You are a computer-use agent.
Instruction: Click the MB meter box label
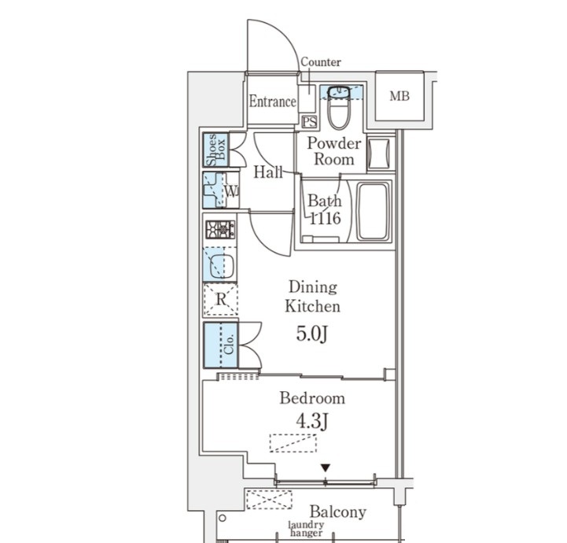[x=399, y=96]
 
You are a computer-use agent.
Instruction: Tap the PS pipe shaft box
[x=310, y=122]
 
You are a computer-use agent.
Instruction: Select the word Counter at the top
[x=321, y=62]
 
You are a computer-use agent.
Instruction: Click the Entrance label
[x=272, y=102]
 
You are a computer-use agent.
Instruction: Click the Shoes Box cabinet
[x=215, y=150]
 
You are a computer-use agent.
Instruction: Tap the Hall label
[x=268, y=172]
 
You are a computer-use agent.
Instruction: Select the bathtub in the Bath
[x=374, y=212]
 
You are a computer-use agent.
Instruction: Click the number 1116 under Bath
[x=325, y=218]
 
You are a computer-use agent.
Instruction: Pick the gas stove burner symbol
[x=220, y=229]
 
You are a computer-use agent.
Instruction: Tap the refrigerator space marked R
[x=220, y=300]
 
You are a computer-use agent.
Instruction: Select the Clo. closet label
[x=229, y=345]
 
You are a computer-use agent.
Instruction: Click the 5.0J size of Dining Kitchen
[x=312, y=334]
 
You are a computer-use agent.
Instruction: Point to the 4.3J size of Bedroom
[x=312, y=421]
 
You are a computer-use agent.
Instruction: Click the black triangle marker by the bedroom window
[x=326, y=468]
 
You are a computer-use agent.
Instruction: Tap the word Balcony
[x=337, y=512]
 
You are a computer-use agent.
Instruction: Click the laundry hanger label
[x=306, y=529]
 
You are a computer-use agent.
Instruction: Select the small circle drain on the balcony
[x=223, y=518]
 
